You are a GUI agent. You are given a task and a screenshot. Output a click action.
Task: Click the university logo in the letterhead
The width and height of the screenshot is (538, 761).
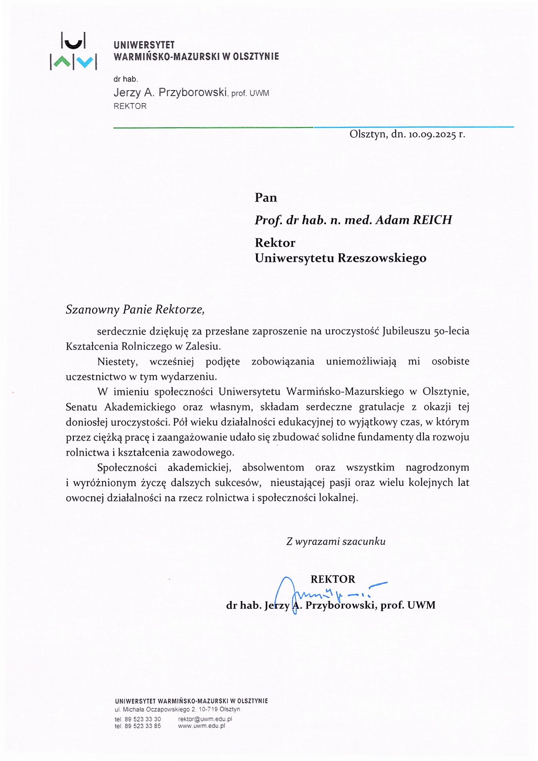click(74, 51)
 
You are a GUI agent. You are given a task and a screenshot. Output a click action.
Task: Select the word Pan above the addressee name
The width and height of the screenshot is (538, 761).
click(266, 198)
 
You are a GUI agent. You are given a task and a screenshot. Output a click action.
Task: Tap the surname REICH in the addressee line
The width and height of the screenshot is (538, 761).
click(432, 220)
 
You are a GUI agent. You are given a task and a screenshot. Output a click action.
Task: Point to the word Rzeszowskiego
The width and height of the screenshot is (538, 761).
click(382, 258)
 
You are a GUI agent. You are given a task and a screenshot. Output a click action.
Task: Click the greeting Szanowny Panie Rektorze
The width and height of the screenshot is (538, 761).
click(135, 309)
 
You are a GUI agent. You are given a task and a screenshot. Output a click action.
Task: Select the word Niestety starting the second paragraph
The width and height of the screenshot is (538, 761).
click(117, 361)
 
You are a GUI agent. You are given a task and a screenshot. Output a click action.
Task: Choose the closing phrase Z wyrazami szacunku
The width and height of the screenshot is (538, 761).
click(336, 542)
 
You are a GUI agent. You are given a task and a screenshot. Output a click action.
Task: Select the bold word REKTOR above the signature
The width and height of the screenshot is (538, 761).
click(333, 579)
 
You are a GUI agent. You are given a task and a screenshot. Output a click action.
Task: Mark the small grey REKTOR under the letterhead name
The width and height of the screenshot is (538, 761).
click(130, 106)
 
